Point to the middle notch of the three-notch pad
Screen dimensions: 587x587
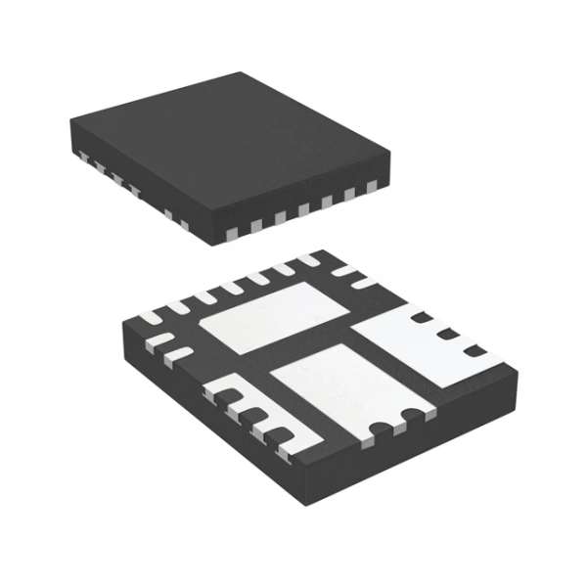click(x=448, y=337)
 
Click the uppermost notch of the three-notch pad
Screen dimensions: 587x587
click(x=419, y=317)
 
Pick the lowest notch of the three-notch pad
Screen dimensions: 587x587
click(x=475, y=351)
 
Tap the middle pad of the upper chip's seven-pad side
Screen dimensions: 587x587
click(x=302, y=209)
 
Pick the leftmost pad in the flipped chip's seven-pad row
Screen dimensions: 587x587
click(x=158, y=314)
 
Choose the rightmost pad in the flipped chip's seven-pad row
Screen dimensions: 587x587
click(x=311, y=260)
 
